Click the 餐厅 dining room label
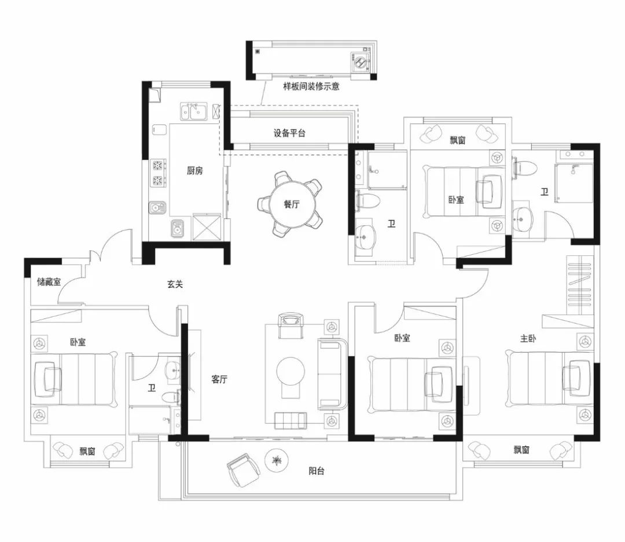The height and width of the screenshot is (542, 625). tap(291, 204)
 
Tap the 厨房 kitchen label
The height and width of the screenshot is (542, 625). tap(195, 171)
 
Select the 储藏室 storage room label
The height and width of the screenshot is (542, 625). tap(49, 282)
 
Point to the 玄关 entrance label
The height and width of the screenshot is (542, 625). tap(175, 284)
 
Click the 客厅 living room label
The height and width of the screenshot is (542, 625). tap(219, 379)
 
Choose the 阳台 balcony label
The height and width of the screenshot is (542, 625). tap(317, 471)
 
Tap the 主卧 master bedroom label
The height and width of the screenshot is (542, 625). tap(528, 339)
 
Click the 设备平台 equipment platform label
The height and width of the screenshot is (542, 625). tap(289, 133)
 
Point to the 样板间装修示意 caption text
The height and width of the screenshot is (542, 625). tap(311, 86)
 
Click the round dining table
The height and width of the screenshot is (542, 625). tap(292, 204)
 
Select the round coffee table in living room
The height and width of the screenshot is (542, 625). tap(291, 372)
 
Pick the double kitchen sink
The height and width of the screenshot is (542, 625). tap(193, 111)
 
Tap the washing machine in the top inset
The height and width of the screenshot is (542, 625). tap(362, 62)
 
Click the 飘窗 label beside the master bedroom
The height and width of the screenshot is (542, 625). tap(521, 450)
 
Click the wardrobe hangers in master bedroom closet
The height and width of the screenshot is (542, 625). tap(580, 285)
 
